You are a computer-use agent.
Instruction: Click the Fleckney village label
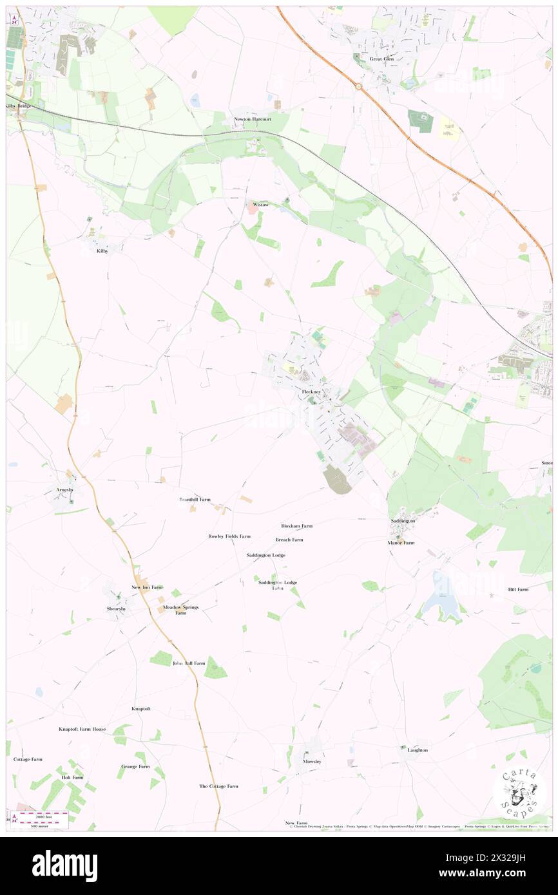pyautogui.click(x=311, y=391)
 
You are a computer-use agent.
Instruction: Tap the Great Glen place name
pyautogui.click(x=381, y=59)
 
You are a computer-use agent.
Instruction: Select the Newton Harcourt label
pyautogui.click(x=252, y=120)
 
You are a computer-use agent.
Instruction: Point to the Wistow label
pyautogui.click(x=260, y=204)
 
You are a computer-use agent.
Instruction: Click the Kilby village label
pyautogui.click(x=102, y=250)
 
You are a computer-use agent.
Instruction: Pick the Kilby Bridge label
pyautogui.click(x=19, y=106)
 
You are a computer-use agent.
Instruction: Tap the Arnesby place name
pyautogui.click(x=66, y=490)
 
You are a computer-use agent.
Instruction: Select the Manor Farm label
pyautogui.click(x=401, y=543)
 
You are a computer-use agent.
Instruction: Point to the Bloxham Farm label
pyautogui.click(x=296, y=526)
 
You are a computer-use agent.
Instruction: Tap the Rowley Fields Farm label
pyautogui.click(x=229, y=536)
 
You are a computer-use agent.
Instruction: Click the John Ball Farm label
pyautogui.click(x=189, y=663)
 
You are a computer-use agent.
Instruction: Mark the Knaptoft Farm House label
pyautogui.click(x=82, y=729)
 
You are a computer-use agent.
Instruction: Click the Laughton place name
pyautogui.click(x=418, y=750)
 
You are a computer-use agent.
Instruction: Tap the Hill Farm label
pyautogui.click(x=517, y=589)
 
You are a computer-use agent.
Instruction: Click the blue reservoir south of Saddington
pyautogui.click(x=441, y=599)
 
